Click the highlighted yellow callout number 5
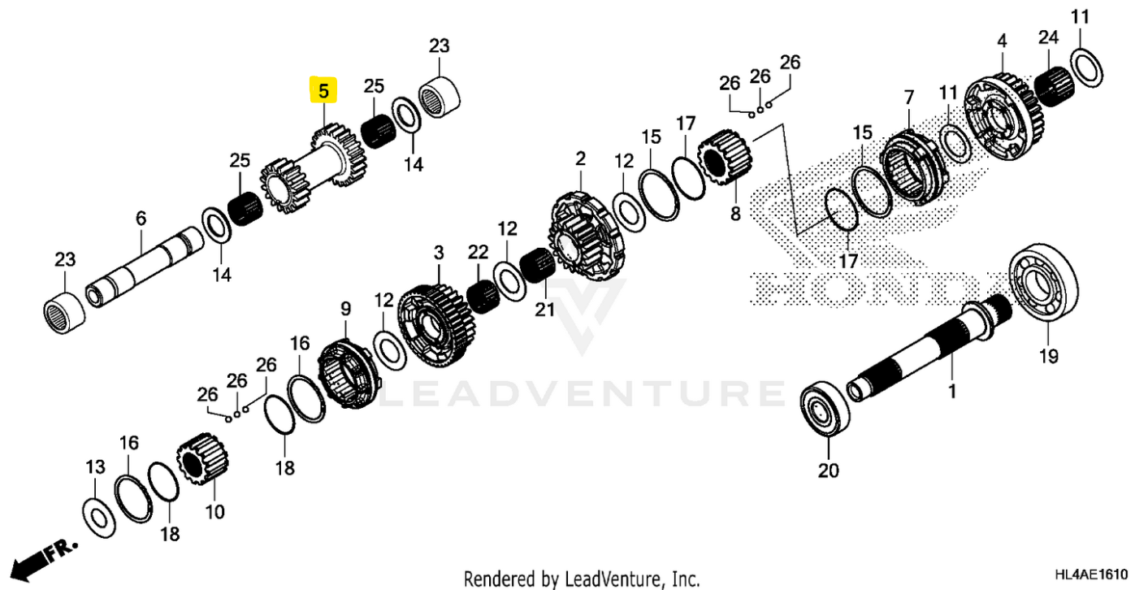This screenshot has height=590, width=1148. [x=323, y=91]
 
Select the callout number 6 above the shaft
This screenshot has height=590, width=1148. [x=141, y=219]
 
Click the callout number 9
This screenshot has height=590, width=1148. [x=345, y=309]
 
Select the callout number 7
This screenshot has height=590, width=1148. [x=908, y=98]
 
